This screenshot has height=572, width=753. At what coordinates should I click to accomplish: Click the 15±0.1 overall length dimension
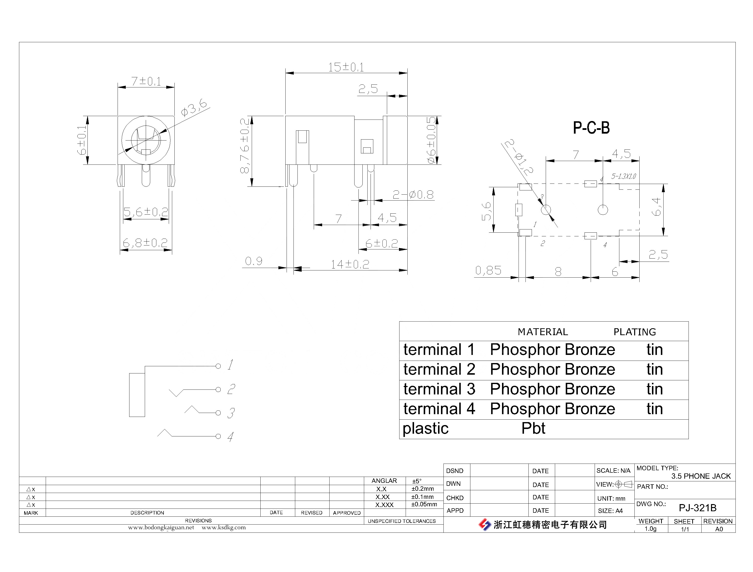click(x=346, y=67)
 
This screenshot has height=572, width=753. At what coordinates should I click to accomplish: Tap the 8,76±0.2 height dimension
click(x=245, y=146)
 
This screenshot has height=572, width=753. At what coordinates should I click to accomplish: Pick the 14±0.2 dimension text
click(x=350, y=264)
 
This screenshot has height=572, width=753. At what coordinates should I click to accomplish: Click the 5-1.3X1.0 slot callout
click(x=624, y=176)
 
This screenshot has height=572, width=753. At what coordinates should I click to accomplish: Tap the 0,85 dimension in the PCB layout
click(x=488, y=270)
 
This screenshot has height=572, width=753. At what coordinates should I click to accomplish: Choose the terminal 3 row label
click(x=439, y=389)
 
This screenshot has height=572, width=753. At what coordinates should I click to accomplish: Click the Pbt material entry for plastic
click(x=533, y=428)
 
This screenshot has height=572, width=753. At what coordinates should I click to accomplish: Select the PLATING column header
click(x=635, y=332)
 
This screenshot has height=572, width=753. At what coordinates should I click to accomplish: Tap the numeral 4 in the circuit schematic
click(x=230, y=436)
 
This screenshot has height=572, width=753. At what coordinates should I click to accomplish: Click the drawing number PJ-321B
click(x=697, y=508)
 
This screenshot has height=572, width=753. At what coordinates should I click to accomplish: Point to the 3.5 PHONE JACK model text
click(x=701, y=476)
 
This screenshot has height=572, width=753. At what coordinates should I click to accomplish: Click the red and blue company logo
click(x=485, y=525)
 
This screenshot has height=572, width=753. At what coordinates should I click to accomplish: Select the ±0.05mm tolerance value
click(x=424, y=504)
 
